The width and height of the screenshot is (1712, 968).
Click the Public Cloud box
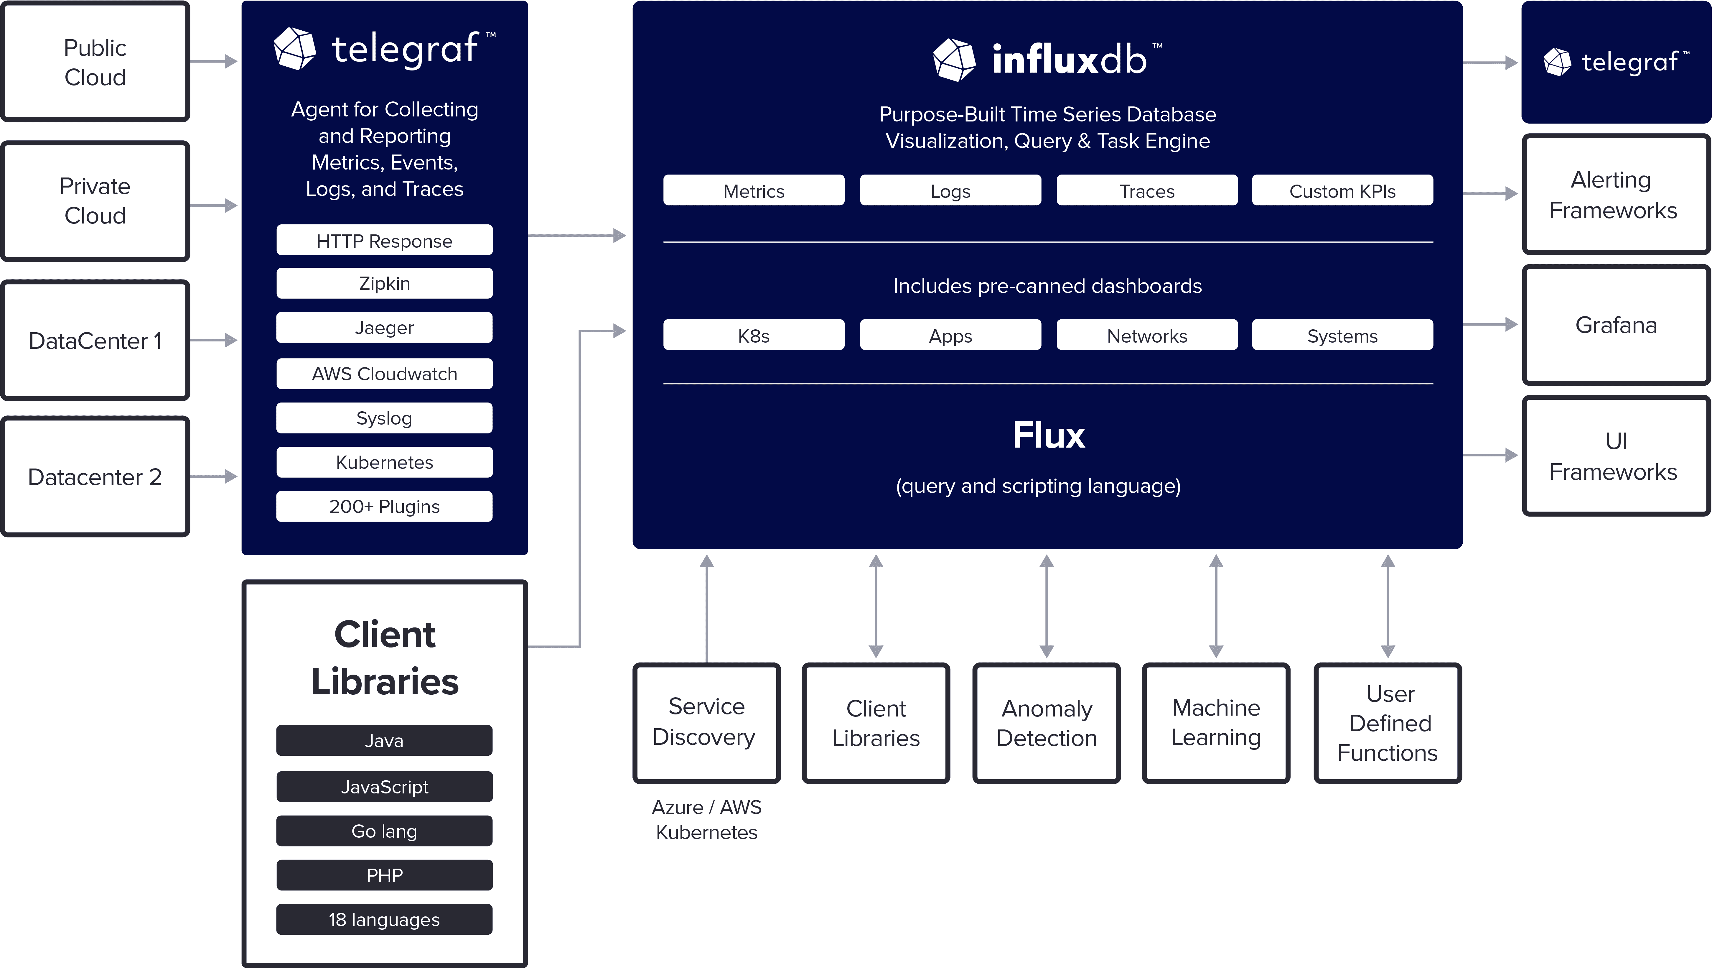95,62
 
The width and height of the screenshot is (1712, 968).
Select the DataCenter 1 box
95,340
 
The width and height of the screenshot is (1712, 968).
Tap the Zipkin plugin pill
384,283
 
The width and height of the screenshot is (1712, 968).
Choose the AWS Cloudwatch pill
384,374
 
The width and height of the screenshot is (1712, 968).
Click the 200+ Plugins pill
384,507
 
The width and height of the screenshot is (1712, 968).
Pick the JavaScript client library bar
384,786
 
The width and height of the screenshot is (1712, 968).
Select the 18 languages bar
384,919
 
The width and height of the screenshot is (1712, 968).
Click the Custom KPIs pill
1342,191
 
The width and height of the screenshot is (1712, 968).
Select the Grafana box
1616,325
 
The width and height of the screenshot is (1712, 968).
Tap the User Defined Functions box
1388,723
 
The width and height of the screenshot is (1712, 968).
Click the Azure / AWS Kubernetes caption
706,819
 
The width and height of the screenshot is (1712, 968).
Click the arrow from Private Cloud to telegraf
214,206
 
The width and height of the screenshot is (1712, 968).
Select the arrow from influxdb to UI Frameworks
1490,456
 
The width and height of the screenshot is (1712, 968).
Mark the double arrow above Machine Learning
1216,606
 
